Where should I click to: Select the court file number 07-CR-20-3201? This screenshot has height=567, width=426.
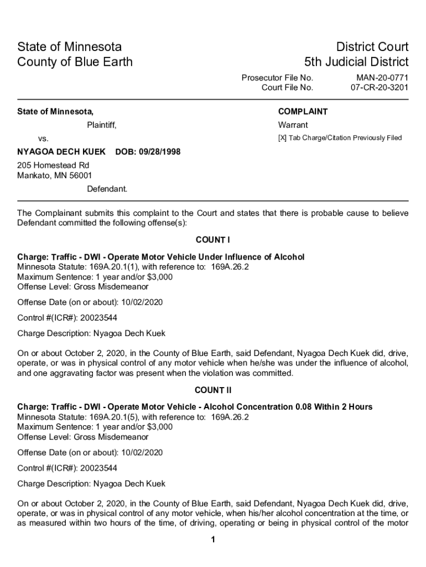(x=380, y=87)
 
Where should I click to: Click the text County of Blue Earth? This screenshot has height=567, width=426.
(x=75, y=61)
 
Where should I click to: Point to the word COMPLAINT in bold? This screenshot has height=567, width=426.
(x=303, y=111)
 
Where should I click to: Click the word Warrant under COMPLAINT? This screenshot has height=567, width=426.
(x=293, y=125)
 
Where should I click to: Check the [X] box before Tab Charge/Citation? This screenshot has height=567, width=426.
(x=282, y=138)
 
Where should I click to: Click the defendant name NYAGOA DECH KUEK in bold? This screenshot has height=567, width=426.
(x=61, y=152)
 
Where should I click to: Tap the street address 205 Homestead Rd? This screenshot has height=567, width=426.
(x=53, y=166)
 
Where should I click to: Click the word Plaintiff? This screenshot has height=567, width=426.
(x=101, y=125)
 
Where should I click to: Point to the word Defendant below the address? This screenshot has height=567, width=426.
(x=107, y=189)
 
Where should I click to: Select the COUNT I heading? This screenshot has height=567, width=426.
(x=212, y=240)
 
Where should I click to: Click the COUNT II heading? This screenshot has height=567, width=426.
(x=212, y=390)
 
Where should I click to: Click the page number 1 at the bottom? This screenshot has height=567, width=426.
(x=212, y=540)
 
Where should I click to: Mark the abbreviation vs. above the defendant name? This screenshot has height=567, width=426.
(x=43, y=138)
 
